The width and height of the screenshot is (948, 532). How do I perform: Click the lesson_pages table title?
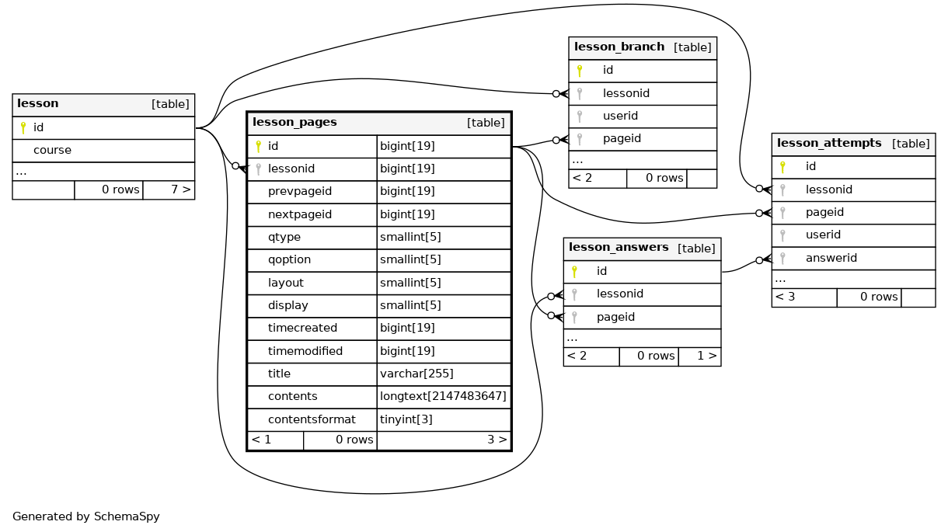coord(295,122)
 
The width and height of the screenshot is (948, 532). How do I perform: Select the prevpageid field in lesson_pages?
coord(300,191)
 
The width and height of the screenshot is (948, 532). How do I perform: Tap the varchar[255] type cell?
coord(416,374)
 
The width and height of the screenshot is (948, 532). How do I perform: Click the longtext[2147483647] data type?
coord(443,396)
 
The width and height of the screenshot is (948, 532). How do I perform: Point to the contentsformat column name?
coord(312,419)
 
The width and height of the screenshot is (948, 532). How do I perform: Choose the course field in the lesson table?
coord(53,150)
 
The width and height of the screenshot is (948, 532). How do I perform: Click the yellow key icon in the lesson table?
coord(23,127)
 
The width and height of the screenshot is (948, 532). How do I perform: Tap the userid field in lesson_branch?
coord(620,116)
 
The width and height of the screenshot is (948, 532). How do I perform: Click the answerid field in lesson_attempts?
coord(831,258)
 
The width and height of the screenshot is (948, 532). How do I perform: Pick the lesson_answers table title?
coord(619,248)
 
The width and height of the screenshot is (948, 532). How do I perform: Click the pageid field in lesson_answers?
coord(615,317)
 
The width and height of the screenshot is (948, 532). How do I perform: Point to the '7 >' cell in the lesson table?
coord(181,190)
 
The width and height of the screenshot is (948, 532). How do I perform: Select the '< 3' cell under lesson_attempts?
coord(785,297)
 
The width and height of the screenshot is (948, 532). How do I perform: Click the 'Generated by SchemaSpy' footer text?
coord(86,516)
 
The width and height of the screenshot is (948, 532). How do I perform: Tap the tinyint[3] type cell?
coord(406,419)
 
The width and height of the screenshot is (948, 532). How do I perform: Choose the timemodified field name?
coord(305,351)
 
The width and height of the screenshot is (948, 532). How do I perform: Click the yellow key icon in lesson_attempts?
coord(782,167)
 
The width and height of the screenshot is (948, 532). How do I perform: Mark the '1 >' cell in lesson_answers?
coord(707,356)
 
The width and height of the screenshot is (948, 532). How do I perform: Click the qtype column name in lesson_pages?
coord(284,237)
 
